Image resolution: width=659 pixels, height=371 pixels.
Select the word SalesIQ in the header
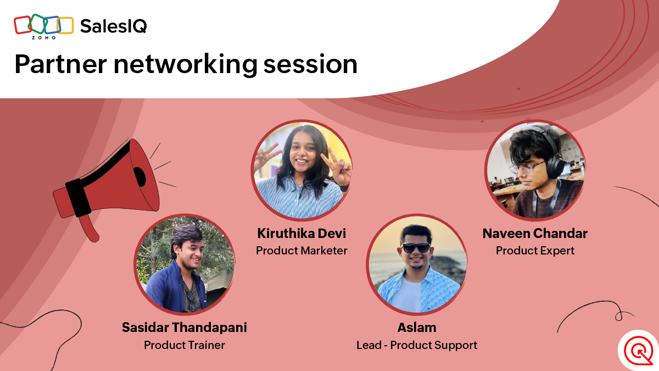[114, 26]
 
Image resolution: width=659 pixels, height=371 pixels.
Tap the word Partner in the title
[60, 64]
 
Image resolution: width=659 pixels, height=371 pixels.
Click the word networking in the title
[186, 65]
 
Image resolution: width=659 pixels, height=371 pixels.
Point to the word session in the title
[310, 64]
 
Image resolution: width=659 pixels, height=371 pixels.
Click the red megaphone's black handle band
[78, 198]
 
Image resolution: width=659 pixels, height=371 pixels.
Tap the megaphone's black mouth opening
[140, 176]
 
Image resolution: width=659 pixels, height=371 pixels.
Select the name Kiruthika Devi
[301, 234]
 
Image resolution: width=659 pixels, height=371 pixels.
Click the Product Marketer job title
[301, 251]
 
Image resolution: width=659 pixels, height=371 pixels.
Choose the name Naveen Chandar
[535, 234]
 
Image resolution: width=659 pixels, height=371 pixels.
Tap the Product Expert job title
[535, 251]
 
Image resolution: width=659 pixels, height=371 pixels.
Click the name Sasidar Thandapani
[185, 328]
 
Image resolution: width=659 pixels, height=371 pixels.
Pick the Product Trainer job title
[185, 345]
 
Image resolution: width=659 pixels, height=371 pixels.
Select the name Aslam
[417, 328]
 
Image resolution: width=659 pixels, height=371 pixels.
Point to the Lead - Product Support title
[417, 345]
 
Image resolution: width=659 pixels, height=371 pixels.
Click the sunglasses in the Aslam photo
[416, 248]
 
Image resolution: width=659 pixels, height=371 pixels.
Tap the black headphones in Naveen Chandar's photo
[552, 159]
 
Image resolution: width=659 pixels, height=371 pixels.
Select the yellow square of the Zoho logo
[65, 26]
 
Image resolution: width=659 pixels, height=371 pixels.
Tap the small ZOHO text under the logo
[43, 38]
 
